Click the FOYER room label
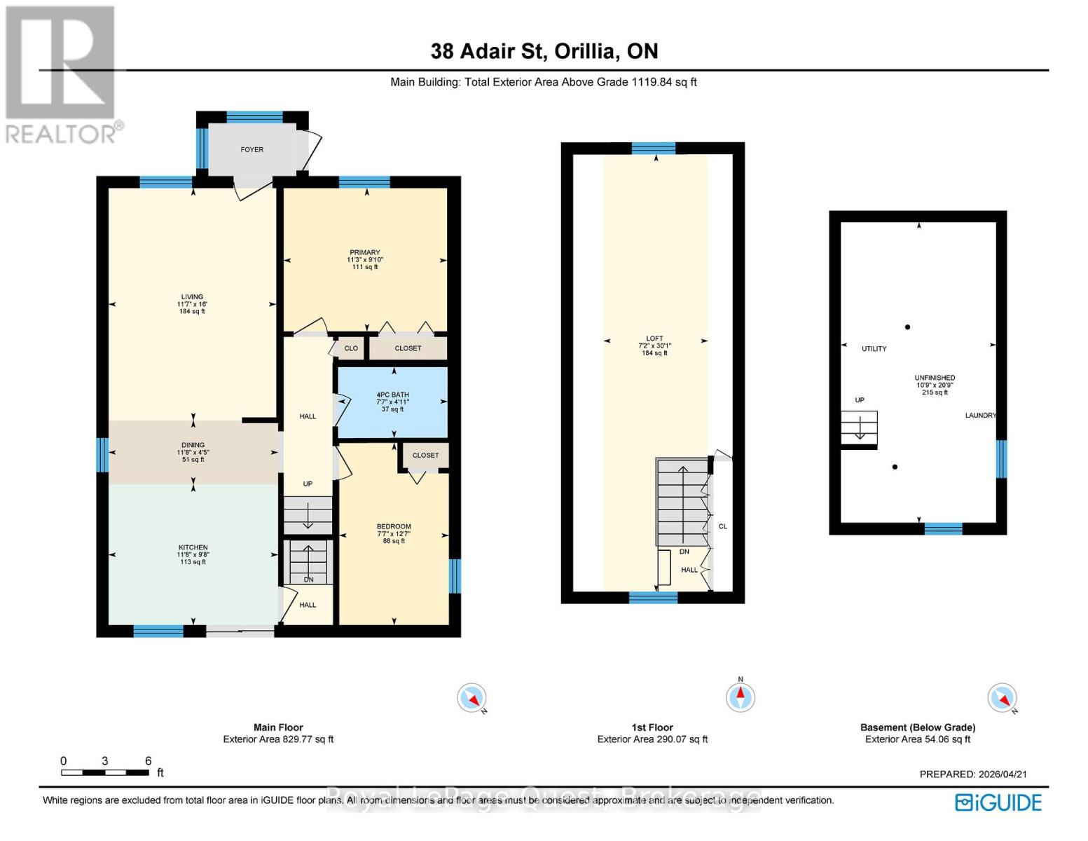point(252,149)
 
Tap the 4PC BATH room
point(392,402)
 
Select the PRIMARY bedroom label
point(364,252)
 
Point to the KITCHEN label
point(193,547)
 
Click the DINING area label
point(193,445)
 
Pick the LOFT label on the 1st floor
point(654,339)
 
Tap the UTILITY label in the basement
point(874,348)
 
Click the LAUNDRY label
point(980,415)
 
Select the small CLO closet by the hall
point(351,348)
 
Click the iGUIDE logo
point(998,802)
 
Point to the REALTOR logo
point(62,75)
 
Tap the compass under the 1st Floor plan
point(740,697)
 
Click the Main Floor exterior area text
point(278,739)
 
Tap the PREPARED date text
point(973,774)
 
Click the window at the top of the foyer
point(254,117)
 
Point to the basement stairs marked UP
point(859,428)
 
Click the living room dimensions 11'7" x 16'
point(192,304)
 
